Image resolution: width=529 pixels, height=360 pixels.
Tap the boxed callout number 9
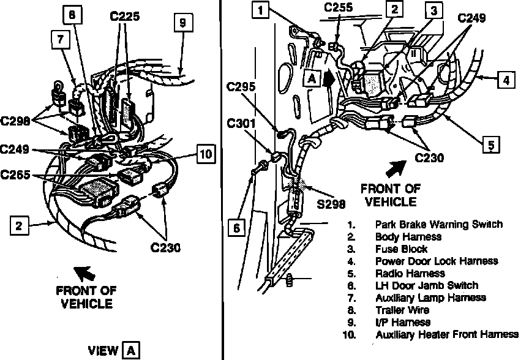(x=181, y=23)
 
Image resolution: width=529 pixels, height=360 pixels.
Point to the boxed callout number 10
(x=206, y=153)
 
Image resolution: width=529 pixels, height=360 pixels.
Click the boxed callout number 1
(x=262, y=10)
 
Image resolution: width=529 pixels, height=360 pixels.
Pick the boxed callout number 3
(x=434, y=12)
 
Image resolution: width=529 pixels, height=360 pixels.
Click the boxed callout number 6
(x=236, y=228)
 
